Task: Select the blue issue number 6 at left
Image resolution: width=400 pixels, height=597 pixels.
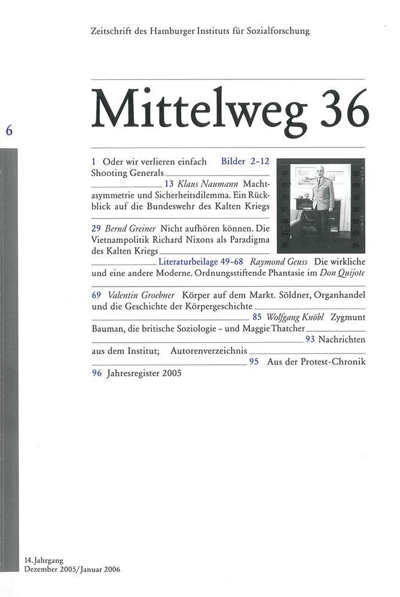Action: tap(10, 133)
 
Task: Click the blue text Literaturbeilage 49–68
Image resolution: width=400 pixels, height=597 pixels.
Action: tap(201, 262)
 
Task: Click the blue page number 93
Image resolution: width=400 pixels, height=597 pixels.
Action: tap(310, 340)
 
